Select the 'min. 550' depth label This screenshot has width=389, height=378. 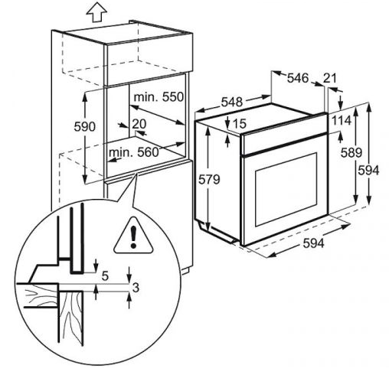pos(159,97)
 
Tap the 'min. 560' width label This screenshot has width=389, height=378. pos(134,152)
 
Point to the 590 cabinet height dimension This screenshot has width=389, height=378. pos(84,127)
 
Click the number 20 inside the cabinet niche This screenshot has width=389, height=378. pos(139,124)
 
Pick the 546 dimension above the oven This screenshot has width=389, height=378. pos(298,78)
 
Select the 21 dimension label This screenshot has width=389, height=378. pos(330,78)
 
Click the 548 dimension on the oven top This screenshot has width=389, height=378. pos(231,103)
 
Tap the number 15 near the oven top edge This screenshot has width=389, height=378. pos(240,124)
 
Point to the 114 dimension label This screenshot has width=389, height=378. pos(342,120)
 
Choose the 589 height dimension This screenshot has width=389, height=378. pos(351,153)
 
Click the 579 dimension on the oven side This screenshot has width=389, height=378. pos(209,180)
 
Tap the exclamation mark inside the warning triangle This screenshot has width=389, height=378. pos(133,237)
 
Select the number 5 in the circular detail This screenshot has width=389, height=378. pos(105,275)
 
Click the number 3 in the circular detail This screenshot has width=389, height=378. pos(136,288)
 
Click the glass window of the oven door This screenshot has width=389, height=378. pos(286,189)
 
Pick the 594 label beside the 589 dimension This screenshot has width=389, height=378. pos(368,171)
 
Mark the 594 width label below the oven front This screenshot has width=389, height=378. pos(313,243)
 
